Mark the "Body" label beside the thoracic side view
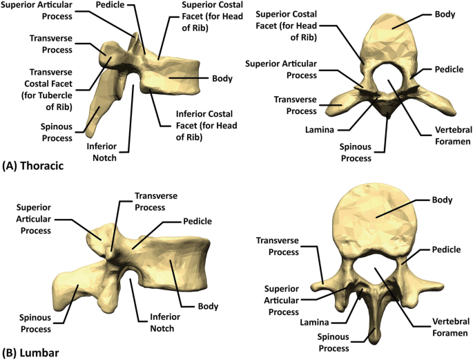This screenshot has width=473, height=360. tap(222, 79)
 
